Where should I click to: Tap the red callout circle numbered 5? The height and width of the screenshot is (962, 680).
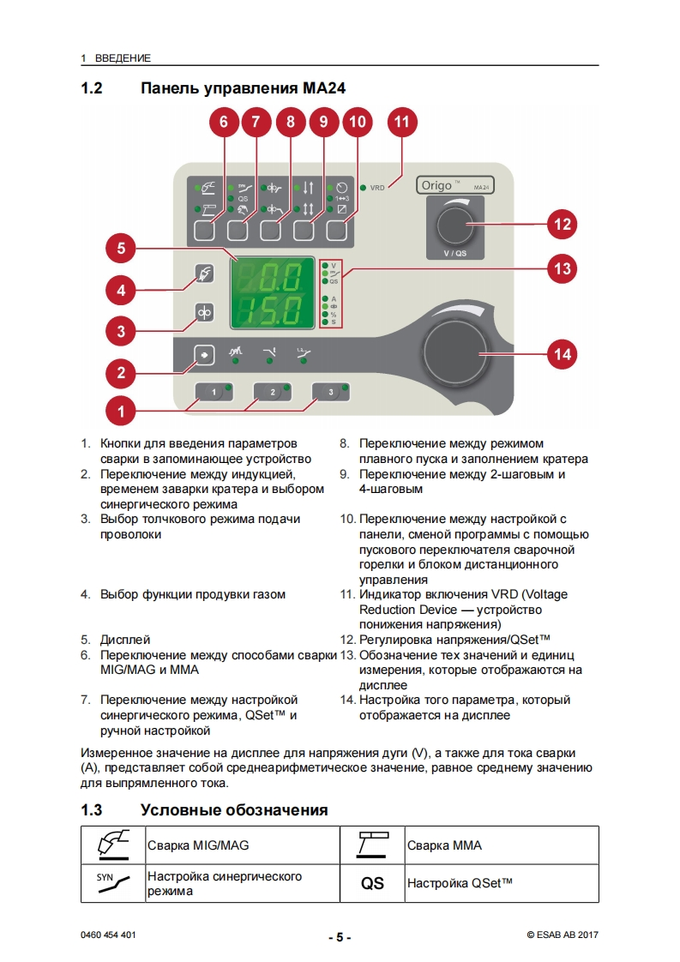[121, 249]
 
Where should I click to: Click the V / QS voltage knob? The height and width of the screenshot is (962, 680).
[454, 225]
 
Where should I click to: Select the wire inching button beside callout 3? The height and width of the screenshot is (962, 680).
[205, 313]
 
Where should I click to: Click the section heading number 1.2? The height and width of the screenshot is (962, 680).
[92, 87]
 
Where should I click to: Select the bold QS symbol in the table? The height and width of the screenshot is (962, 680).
[372, 883]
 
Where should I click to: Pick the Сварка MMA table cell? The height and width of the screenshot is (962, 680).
[444, 845]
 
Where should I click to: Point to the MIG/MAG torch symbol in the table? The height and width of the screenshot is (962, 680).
[113, 845]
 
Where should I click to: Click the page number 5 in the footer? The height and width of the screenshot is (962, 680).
[340, 937]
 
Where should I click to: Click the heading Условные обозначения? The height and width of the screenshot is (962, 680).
[234, 810]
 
